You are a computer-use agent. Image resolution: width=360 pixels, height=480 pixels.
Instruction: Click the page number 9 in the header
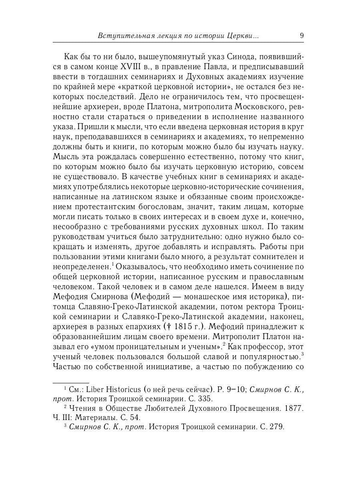pos(302,35)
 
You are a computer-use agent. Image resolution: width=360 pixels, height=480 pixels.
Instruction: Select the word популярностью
pos(268,356)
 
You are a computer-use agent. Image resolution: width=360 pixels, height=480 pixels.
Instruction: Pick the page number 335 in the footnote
pos(206,398)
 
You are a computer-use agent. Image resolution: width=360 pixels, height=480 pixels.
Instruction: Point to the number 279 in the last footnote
pos(276,427)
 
